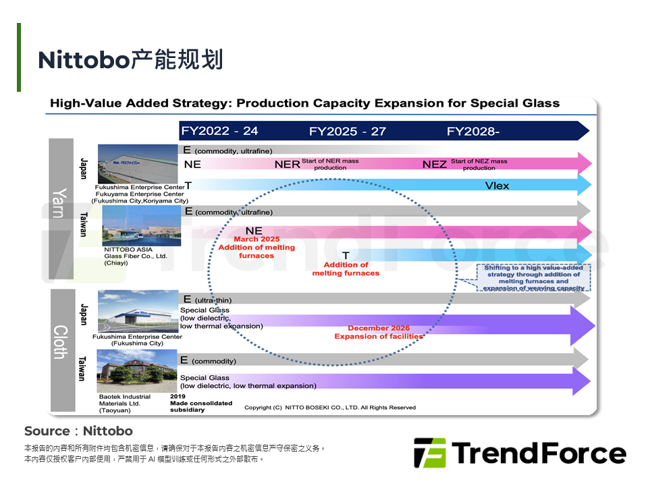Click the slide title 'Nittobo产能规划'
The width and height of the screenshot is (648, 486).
click(x=130, y=60)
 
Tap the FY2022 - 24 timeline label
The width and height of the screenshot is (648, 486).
click(x=220, y=131)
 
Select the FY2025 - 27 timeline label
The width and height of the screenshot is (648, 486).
click(x=348, y=131)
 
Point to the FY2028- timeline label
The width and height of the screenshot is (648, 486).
click(x=473, y=131)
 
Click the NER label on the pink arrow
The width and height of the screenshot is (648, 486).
click(x=287, y=164)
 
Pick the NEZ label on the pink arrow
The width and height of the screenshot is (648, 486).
click(x=435, y=164)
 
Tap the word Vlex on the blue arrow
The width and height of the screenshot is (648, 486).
click(x=497, y=186)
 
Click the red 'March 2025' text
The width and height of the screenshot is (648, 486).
click(x=256, y=240)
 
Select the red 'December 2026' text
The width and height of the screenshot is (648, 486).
click(x=378, y=329)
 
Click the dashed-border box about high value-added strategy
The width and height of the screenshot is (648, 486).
click(x=533, y=277)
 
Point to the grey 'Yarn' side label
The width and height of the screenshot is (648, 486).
click(x=60, y=202)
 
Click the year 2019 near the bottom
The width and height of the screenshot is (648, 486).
click(x=178, y=396)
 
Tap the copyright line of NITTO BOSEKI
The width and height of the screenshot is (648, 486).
click(x=330, y=407)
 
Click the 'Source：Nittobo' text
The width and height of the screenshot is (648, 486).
click(x=78, y=431)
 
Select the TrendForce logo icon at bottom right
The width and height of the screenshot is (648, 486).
click(x=430, y=453)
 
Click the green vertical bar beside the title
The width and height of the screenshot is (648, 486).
click(x=19, y=57)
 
